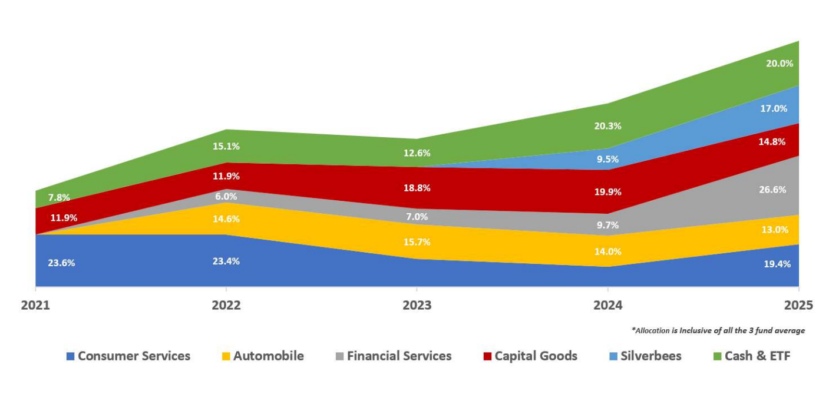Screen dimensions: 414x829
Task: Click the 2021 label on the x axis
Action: coord(36,305)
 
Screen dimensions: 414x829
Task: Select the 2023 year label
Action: coord(417,305)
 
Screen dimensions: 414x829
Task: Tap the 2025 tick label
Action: coord(798,305)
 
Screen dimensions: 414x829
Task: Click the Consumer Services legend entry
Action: coord(128,356)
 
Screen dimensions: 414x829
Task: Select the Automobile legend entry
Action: coord(262,356)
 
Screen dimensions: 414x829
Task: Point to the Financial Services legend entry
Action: coord(393,356)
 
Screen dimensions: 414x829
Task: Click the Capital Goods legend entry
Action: coord(530,356)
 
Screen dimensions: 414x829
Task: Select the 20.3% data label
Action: coord(607,125)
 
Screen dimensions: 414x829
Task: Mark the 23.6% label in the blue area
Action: coord(61,263)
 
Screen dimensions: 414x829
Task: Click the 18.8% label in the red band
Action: coord(417,188)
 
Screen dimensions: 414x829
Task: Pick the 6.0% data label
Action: coord(226,197)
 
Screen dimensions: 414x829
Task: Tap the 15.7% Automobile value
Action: coord(417,241)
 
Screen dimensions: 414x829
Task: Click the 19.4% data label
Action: coord(777,264)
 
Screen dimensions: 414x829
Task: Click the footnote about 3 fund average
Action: coord(718,330)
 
